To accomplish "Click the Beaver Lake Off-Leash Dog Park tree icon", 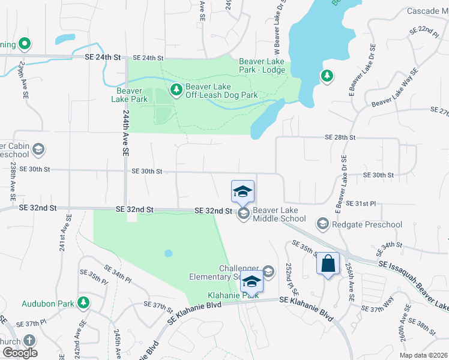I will coord(176,90).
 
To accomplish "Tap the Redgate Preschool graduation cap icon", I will coord(322,224).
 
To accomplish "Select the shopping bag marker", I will coord(328,263).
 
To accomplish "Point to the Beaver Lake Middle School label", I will coord(279,214).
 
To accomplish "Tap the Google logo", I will coord(19,353).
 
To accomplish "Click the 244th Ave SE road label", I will coord(125,133).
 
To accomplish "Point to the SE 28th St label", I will coord(340,137).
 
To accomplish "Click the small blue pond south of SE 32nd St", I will coord(169,253).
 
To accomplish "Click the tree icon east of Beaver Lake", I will coord(327,76).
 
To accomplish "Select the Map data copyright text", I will coord(423,355).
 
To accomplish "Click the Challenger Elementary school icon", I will coord(268,272).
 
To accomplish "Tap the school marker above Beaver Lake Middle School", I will coord(243,192).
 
